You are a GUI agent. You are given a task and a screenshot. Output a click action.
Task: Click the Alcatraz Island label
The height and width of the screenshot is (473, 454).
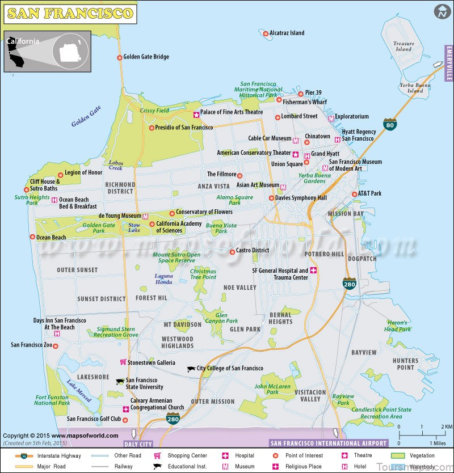point(287,33)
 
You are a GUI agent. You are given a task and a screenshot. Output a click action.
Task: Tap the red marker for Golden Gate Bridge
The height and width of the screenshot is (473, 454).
point(119,57)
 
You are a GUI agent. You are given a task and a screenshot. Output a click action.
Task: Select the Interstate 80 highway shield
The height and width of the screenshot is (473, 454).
point(389,124)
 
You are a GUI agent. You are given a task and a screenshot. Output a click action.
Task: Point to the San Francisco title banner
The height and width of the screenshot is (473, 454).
point(70,13)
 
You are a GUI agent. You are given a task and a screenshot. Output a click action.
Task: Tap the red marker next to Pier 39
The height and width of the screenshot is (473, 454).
point(301,94)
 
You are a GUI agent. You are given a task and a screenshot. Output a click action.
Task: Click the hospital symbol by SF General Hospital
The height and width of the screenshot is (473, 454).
point(313,271)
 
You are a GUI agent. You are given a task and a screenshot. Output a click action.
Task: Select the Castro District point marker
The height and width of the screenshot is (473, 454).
point(232,252)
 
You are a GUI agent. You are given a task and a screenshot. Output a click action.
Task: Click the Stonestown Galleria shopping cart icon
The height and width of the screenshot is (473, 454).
point(123,362)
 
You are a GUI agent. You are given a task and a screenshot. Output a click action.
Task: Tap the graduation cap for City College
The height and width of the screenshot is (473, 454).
point(191,369)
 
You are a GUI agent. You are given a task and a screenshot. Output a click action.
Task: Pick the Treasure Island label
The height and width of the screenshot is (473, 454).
point(403,46)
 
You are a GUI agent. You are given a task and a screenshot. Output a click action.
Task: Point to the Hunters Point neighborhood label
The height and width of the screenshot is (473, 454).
point(405,364)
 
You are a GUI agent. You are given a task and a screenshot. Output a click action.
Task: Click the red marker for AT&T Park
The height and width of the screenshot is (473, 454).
point(353,194)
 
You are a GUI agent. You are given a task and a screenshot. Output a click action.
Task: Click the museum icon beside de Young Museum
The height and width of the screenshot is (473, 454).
point(146,216)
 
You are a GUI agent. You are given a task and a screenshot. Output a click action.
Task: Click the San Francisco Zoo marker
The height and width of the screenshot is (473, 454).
point(56,345)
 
